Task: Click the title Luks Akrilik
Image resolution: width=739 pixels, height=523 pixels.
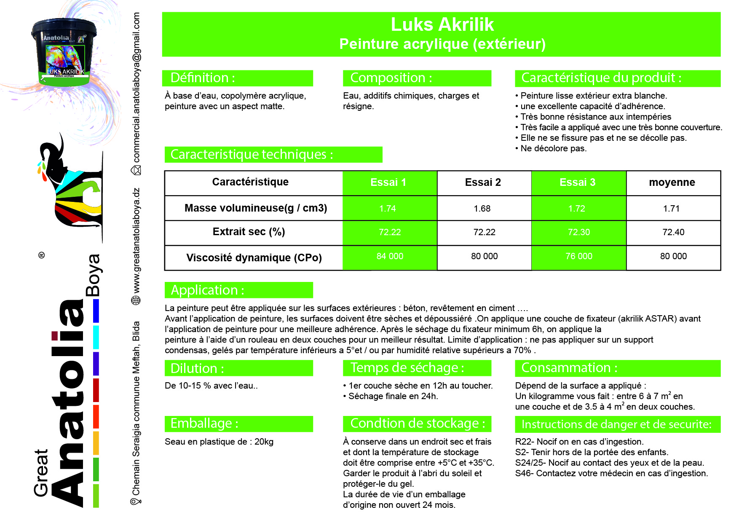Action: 442,25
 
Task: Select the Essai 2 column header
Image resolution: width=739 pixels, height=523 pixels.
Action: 483,182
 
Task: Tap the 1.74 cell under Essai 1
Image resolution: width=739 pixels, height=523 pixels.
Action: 388,209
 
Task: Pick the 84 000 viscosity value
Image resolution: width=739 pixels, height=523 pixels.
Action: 390,256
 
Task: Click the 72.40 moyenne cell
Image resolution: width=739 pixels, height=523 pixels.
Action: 673,232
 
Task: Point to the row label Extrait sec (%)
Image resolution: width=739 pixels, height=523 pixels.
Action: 249,232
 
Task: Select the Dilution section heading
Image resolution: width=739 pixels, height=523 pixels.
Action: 197,368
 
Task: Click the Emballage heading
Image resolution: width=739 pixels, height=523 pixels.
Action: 204,424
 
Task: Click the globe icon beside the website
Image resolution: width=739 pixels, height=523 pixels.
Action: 136,300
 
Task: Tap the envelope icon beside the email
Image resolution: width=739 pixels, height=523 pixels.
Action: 136,170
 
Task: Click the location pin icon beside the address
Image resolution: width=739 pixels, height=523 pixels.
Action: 136,501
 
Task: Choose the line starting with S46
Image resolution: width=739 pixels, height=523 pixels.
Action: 611,473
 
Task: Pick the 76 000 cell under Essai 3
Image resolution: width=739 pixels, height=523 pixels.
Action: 578,256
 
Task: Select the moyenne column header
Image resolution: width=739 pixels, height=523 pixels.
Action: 672,182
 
